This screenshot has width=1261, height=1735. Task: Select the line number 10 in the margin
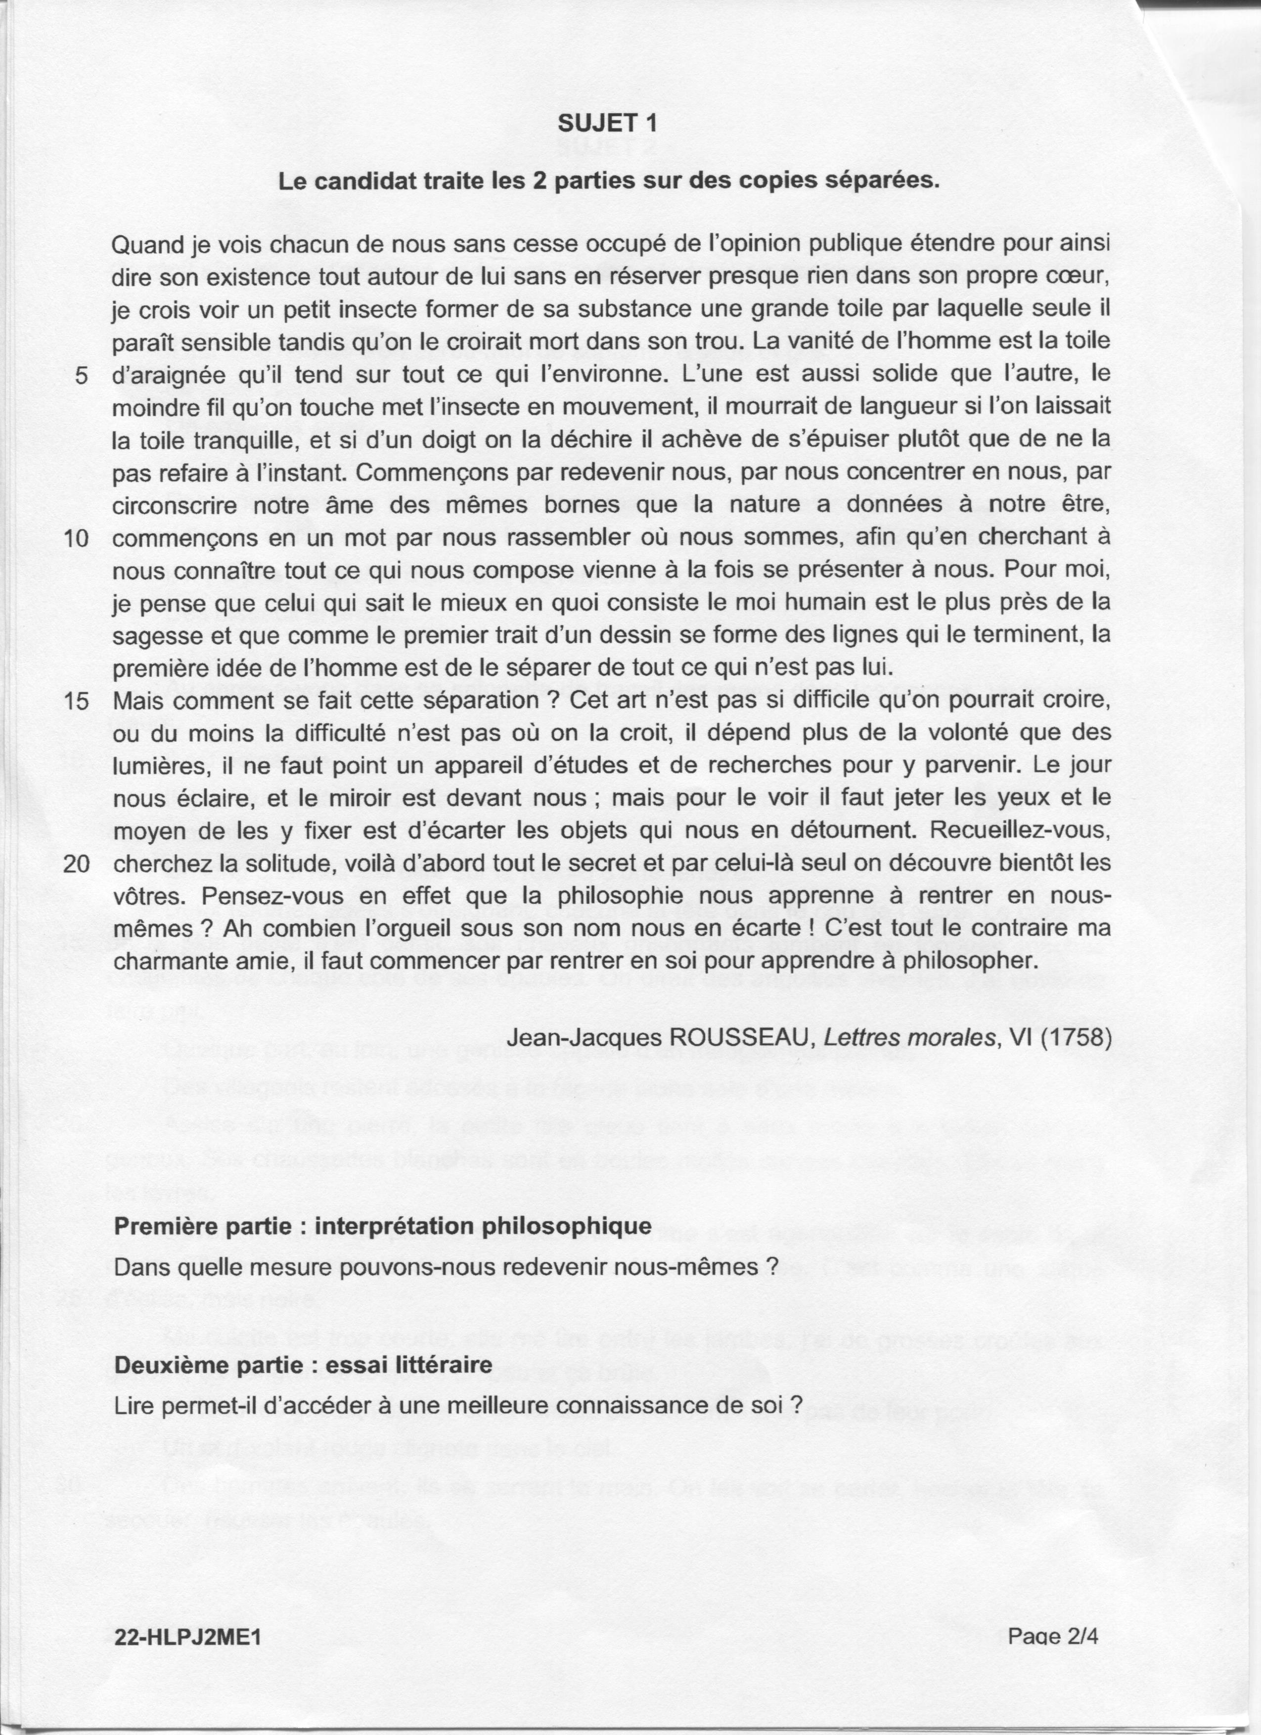click(x=77, y=538)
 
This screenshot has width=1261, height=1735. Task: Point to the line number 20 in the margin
click(x=77, y=864)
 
